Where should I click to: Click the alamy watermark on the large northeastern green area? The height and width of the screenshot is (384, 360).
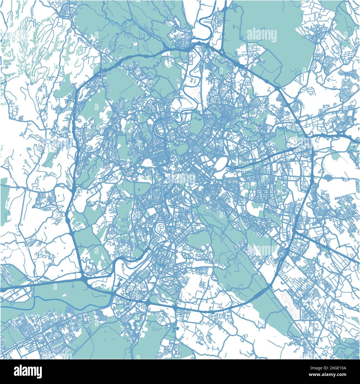[261, 35]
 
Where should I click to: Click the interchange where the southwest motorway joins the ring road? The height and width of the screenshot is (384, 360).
[84, 280]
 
